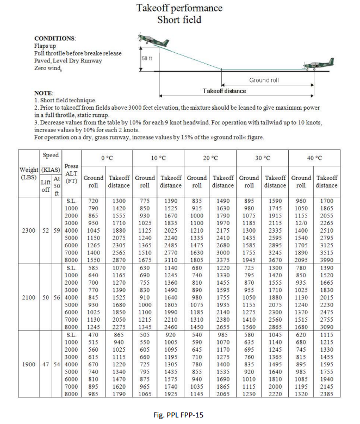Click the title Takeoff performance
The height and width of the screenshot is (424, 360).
pyautogui.click(x=179, y=8)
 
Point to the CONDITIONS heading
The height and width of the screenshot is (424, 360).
pyautogui.click(x=55, y=39)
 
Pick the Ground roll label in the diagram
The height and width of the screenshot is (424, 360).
pyautogui.click(x=264, y=80)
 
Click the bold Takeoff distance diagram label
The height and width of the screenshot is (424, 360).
pyautogui.click(x=225, y=90)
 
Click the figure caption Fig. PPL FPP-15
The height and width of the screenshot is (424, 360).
pyautogui.click(x=179, y=415)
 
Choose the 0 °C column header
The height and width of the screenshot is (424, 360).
pyautogui.click(x=107, y=158)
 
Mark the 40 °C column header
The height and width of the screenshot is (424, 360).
pyautogui.click(x=314, y=158)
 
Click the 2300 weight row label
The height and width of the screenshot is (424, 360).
pyautogui.click(x=29, y=230)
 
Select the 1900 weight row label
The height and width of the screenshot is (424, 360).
pyautogui.click(x=29, y=363)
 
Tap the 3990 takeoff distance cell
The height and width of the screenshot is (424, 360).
pyautogui.click(x=327, y=261)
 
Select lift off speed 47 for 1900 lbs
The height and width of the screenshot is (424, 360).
pyautogui.click(x=46, y=363)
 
